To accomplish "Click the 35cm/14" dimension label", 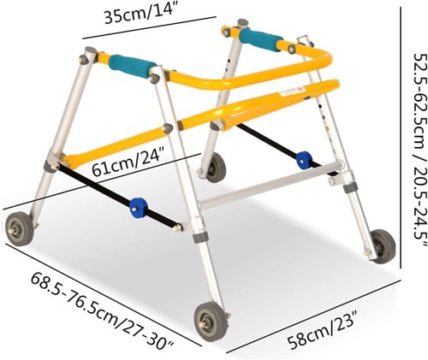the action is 140,14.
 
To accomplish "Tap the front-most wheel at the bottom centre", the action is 211,322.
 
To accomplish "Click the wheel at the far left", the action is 20,228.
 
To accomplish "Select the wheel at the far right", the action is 383,246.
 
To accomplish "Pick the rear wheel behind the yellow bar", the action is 216,168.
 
